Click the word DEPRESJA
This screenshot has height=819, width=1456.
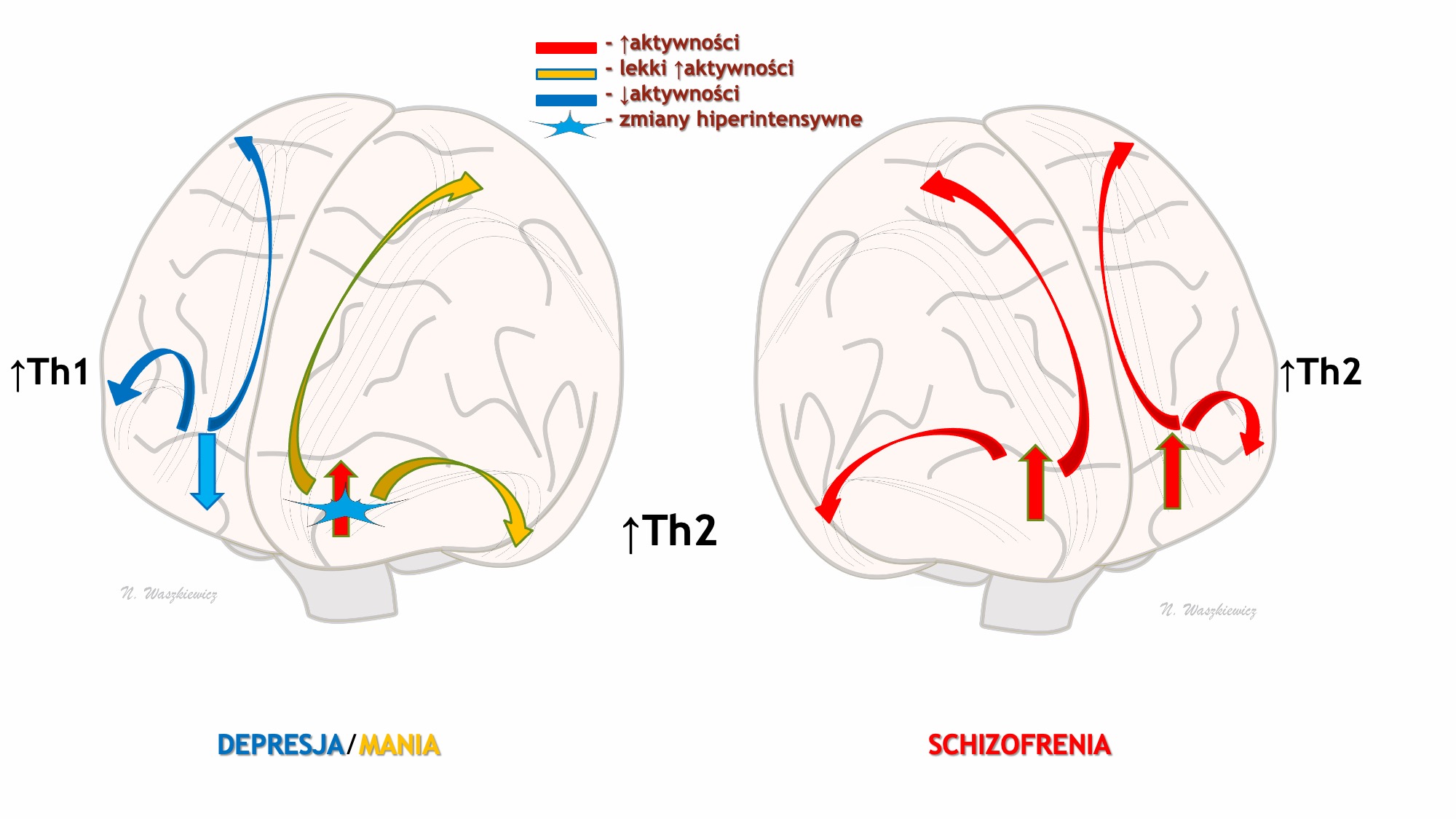280,745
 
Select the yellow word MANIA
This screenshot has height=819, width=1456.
400,745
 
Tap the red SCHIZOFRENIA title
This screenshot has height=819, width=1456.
1019,745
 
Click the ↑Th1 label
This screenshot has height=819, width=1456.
50,372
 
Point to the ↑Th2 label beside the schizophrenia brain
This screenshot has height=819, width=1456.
1320,372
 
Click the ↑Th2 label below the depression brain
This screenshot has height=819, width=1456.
670,531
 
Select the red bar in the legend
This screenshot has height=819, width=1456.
566,48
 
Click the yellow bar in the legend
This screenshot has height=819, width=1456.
566,74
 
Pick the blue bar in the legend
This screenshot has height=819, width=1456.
566,100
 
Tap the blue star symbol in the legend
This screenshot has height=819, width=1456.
569,127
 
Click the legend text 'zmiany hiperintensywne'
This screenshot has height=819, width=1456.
740,119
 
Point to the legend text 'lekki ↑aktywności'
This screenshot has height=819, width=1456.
706,68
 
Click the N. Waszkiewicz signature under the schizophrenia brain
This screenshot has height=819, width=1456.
1208,610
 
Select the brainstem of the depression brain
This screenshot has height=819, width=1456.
349,590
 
